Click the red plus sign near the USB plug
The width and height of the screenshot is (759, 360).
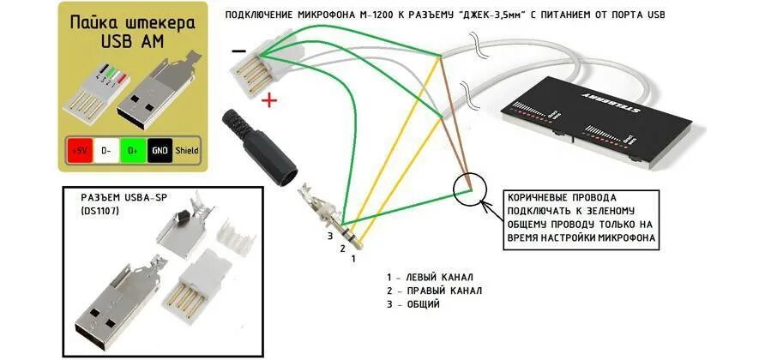pyautogui.click(x=270, y=101)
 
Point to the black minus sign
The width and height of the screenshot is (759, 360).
pyautogui.click(x=238, y=51)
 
